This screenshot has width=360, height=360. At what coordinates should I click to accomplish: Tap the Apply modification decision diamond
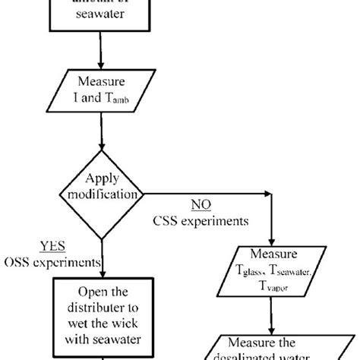click(x=102, y=193)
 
